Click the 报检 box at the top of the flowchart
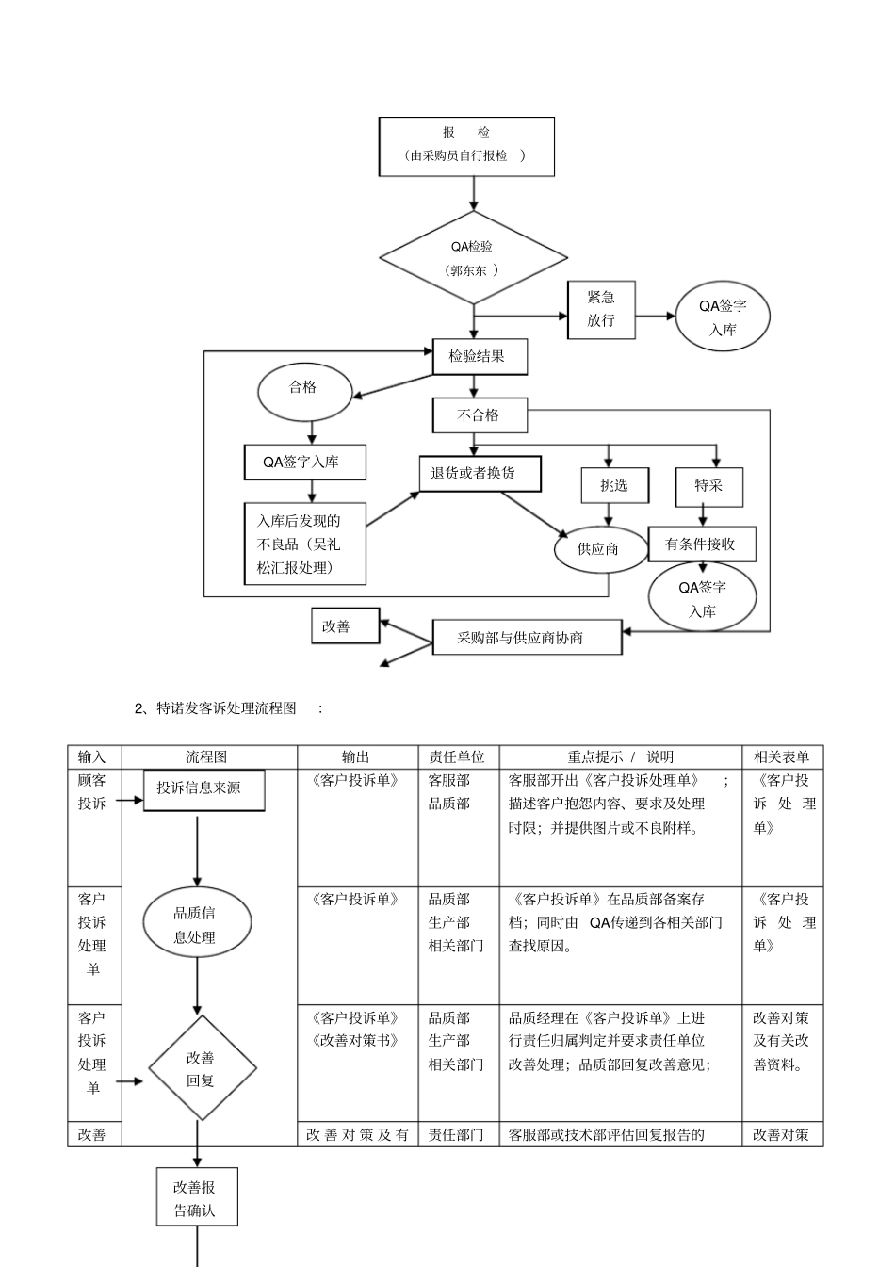(x=466, y=146)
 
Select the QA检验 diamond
(x=473, y=258)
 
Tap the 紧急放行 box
(x=601, y=309)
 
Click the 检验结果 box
(x=480, y=356)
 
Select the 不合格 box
(x=480, y=415)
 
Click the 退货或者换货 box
(x=480, y=474)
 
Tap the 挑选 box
(x=613, y=485)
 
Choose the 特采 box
(x=708, y=486)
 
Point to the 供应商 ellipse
(x=599, y=548)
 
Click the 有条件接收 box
(x=701, y=544)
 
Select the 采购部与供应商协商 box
(x=527, y=638)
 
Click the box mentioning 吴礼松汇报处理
(x=304, y=544)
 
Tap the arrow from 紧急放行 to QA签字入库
(x=655, y=317)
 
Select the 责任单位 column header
(x=458, y=756)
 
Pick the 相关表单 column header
(x=782, y=756)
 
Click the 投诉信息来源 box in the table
(x=203, y=789)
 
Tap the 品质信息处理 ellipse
(x=197, y=925)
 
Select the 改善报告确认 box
(x=197, y=1198)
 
